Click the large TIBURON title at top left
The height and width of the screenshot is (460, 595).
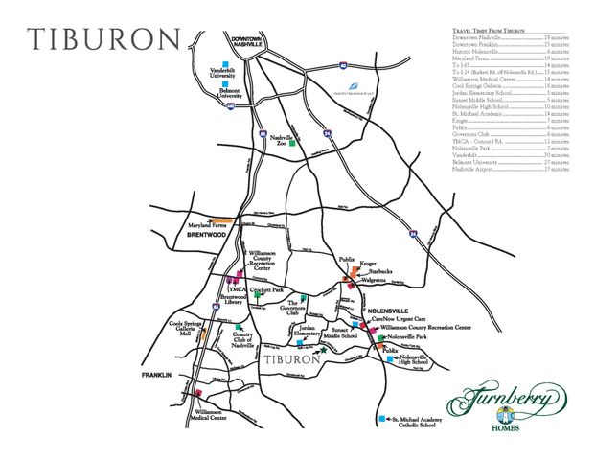[103, 39]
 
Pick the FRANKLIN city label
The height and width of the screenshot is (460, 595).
[155, 375]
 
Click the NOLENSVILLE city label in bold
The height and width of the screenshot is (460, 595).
[393, 311]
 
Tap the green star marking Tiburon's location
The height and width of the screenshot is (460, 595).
[323, 352]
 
